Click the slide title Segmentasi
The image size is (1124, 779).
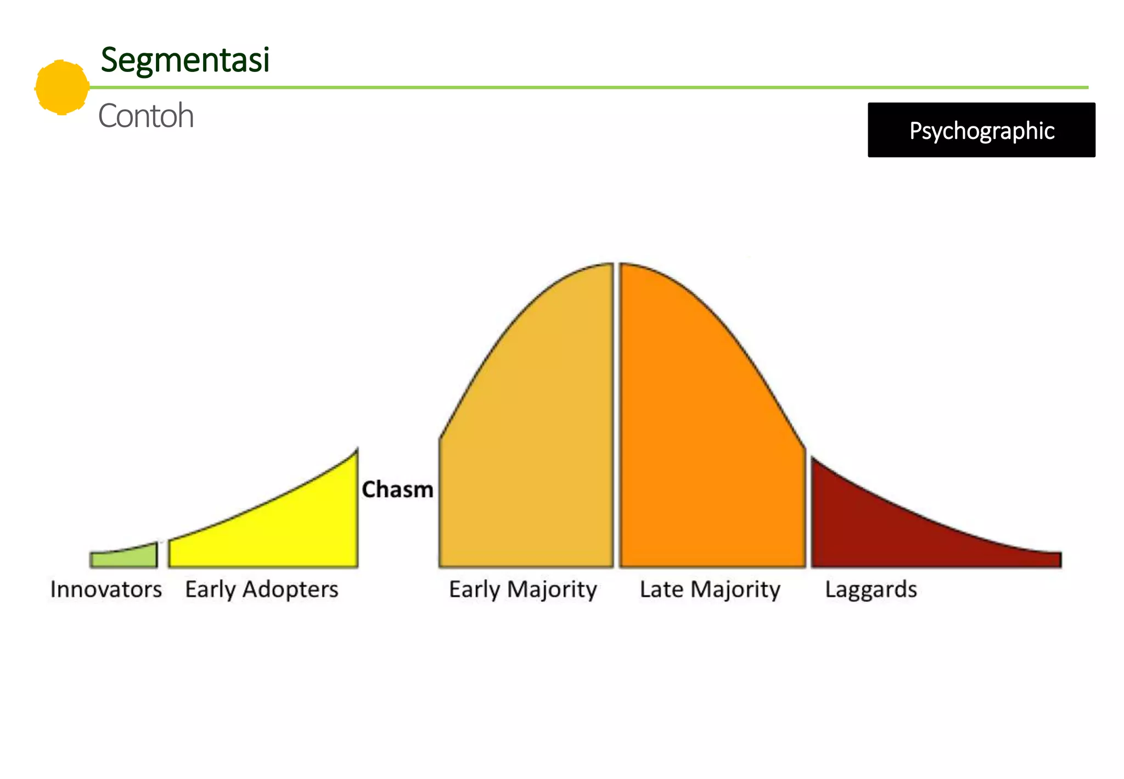185,60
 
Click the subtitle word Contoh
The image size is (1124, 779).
146,116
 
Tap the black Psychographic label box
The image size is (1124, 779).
981,130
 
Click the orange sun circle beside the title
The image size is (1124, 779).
62,87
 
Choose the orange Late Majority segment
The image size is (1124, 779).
708,439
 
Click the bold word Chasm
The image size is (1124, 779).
397,489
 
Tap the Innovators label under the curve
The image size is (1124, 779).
106,589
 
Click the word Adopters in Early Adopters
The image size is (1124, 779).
290,590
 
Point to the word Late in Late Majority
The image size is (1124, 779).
661,589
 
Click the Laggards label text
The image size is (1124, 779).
871,590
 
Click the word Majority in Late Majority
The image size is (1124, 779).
735,590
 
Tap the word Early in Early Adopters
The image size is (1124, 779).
210,590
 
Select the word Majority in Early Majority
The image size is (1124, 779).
552,590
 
